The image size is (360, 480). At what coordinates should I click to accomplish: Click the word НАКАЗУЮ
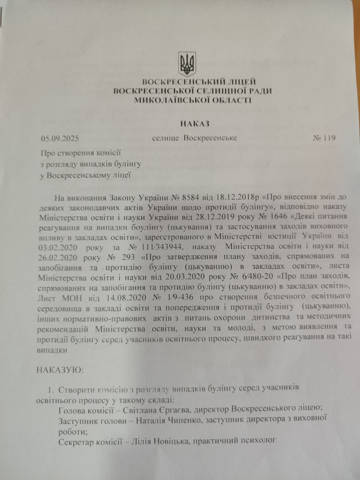59,371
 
